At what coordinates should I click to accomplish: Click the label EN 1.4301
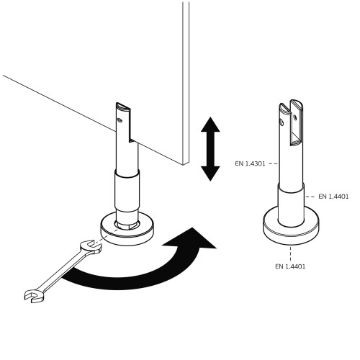pos(250,163)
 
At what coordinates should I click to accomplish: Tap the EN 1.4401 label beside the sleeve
pos(333,197)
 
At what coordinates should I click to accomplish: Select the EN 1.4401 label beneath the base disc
pos(290,266)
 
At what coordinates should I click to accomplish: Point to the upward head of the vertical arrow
pos(210,125)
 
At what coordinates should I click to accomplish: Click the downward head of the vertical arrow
pos(210,174)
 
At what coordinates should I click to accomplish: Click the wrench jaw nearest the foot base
pos(90,247)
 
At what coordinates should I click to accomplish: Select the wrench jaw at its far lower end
pos(34,296)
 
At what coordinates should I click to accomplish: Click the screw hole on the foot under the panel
pos(120,120)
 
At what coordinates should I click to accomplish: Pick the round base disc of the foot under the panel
pos(127,234)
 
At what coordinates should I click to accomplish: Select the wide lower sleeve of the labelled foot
pos(291,205)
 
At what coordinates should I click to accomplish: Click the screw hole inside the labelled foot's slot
pos(295,117)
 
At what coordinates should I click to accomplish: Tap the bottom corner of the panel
pos(184,165)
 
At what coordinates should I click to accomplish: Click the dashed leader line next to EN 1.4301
pos(273,163)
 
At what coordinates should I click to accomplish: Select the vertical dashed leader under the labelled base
pos(290,253)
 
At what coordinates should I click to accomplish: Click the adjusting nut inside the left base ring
pos(127,226)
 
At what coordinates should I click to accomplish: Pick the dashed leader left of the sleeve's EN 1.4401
pos(310,197)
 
